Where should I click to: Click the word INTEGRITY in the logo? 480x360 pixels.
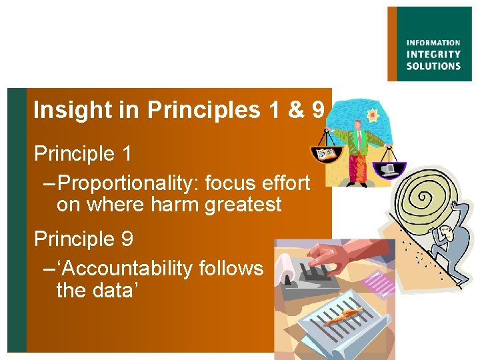coord(433,54)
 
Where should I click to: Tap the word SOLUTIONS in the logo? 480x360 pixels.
coord(433,65)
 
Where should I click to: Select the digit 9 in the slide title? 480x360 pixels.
coord(317,110)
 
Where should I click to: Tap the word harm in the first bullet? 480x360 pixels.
coord(176,204)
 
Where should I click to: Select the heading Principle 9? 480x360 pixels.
coord(83,238)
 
